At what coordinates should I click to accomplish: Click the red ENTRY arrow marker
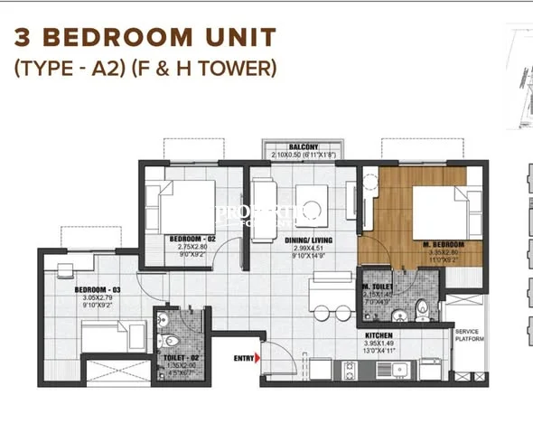pyautogui.click(x=258, y=359)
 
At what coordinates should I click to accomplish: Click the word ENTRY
pyautogui.click(x=242, y=359)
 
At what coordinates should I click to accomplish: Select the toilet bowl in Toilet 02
pyautogui.click(x=169, y=341)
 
